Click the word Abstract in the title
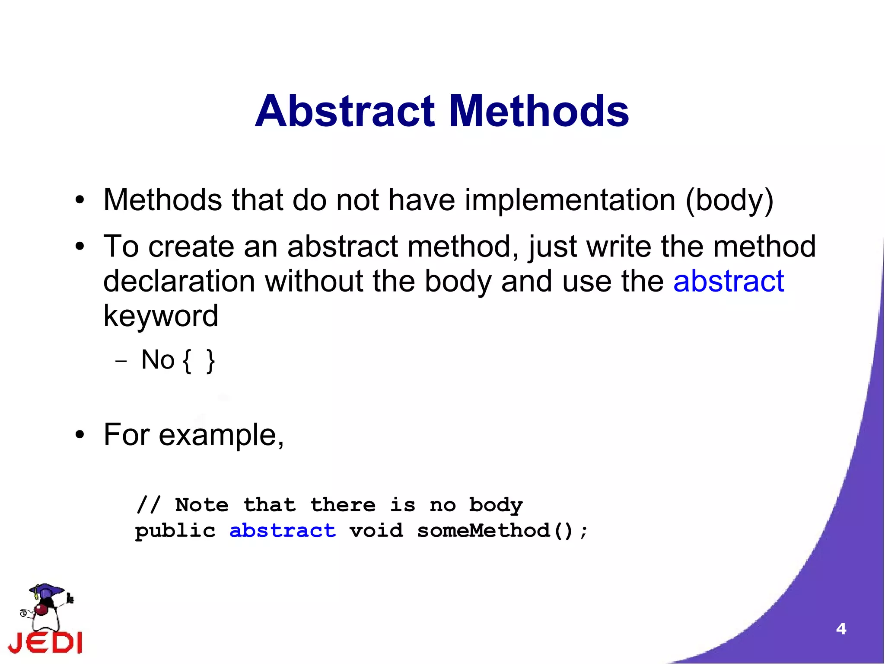pos(344,112)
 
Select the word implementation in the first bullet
pos(570,201)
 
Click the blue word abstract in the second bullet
pos(728,282)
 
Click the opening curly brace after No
pos(187,361)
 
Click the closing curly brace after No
pos(210,361)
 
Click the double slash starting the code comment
pos(148,505)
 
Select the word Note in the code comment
pos(202,505)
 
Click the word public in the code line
pos(175,531)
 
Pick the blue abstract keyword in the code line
pos(283,531)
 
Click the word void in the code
pos(376,531)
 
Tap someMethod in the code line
pos(483,531)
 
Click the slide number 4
pos(841,629)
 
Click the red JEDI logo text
pos(45,643)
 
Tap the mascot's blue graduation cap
pos(46,590)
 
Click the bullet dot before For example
pos(80,436)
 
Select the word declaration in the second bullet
pos(179,282)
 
